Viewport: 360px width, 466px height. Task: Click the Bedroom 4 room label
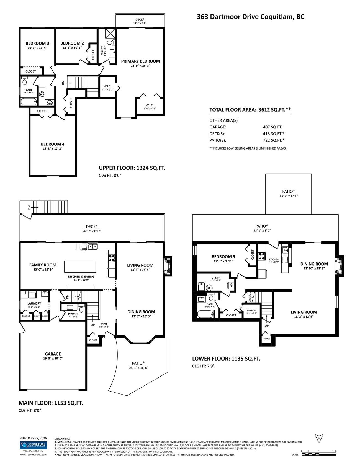pos(53,144)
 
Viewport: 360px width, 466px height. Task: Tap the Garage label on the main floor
pos(53,354)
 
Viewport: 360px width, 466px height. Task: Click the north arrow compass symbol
pos(319,439)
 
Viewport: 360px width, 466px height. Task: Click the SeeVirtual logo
pos(33,445)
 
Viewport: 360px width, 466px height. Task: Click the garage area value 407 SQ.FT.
pos(272,127)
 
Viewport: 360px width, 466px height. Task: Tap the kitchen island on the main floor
pos(80,267)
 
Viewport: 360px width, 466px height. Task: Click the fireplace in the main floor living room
pos(167,266)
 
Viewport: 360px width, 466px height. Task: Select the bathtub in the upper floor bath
pos(29,102)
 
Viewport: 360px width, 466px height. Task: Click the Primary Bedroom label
pos(140,61)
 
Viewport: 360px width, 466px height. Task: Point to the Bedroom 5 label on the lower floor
pos(223,257)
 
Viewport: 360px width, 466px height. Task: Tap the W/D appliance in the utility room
pos(230,285)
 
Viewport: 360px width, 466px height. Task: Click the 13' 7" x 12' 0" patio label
pos(289,196)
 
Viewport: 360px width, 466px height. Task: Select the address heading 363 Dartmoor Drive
pos(250,17)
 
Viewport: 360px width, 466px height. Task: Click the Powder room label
pos(73,314)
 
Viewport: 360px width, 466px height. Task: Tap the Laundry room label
pos(34,303)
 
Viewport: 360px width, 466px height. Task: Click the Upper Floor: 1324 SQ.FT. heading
pos(132,168)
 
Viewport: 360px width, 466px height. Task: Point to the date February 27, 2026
pos(33,438)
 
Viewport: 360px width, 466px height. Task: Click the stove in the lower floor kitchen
pos(262,256)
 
